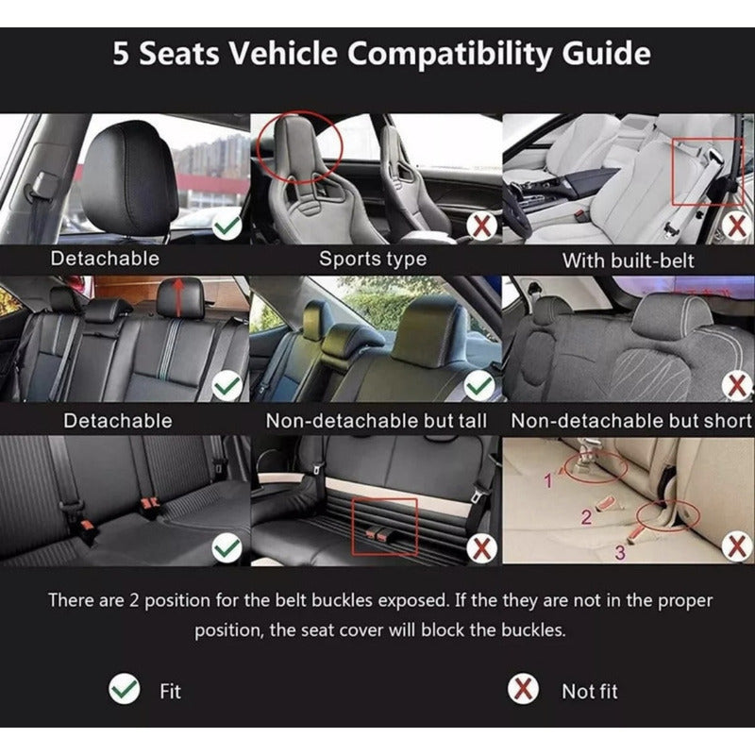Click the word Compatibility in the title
coord(449,54)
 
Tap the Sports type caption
coord(373,259)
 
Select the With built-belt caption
coord(628,261)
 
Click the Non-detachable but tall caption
coord(376,421)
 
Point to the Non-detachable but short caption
coord(631,421)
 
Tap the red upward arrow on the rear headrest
coord(178,297)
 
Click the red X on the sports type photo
coord(482,226)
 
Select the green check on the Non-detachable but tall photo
coord(479,385)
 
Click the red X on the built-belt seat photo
coord(736,226)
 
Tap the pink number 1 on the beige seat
coord(547,480)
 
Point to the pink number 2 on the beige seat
coord(586,517)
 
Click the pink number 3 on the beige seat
coord(620,552)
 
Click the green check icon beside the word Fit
coord(125,689)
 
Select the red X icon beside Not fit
coord(523,689)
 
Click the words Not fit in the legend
coord(589,692)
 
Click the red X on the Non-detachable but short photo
coord(736,385)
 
